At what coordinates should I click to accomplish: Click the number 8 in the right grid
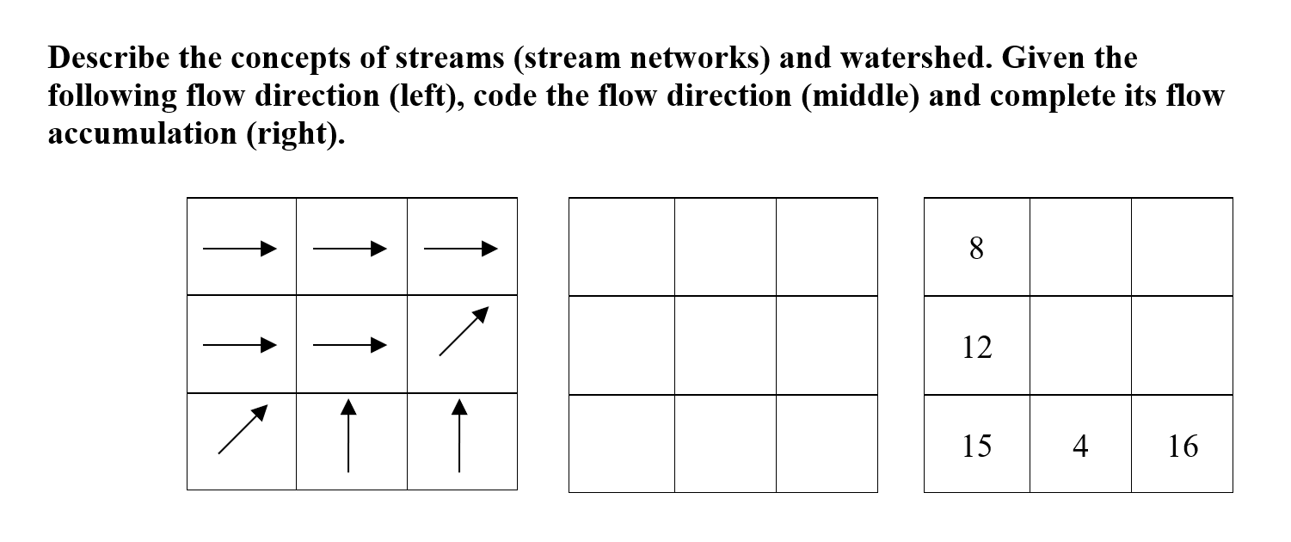tap(976, 249)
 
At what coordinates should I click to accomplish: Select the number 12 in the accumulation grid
tap(976, 348)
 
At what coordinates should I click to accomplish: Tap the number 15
tap(976, 446)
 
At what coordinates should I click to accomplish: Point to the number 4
tap(1080, 446)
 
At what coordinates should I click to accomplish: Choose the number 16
tap(1183, 446)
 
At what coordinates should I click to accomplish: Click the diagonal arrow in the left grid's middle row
tap(464, 330)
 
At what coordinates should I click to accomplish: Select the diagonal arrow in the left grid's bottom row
tap(243, 428)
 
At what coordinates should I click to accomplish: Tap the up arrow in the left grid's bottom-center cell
tap(347, 435)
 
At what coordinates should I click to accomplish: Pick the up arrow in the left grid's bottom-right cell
tap(459, 435)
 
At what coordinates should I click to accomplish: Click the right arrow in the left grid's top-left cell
tap(240, 249)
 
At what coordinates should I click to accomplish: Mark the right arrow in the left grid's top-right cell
tap(461, 249)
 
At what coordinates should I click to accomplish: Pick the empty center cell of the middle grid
tap(725, 346)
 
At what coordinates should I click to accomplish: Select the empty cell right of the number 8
tap(1080, 248)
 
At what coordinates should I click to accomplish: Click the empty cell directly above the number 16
tap(1183, 346)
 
